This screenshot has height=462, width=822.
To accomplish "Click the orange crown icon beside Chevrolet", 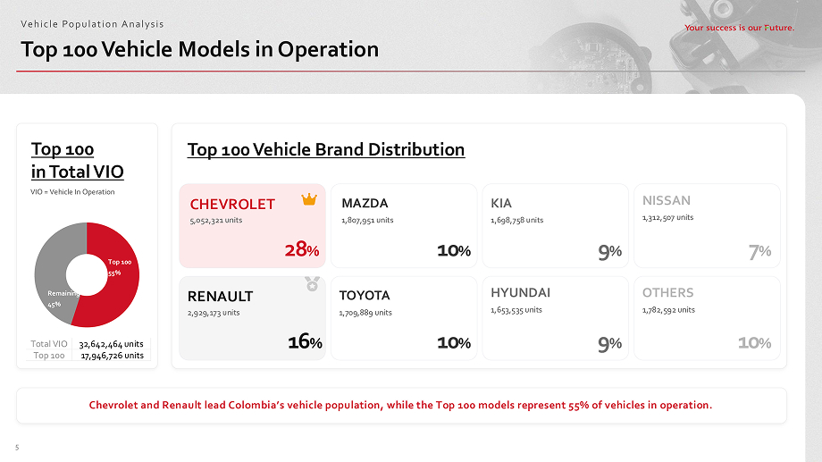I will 309,199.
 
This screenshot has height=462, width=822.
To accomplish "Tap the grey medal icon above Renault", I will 310,283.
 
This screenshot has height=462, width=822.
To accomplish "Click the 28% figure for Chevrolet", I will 301,250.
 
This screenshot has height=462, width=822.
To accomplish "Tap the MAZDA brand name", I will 365,203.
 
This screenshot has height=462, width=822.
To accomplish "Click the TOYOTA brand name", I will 365,295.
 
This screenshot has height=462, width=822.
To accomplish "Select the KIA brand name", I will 501,203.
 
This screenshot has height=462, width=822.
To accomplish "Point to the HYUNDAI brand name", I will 520,292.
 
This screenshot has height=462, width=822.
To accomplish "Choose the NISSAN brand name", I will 667,200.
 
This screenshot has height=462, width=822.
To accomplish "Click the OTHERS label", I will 667,292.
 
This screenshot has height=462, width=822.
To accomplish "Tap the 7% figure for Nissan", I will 760,253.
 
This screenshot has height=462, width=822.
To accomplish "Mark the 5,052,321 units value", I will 216,220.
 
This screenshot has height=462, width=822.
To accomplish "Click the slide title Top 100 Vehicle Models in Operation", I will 200,49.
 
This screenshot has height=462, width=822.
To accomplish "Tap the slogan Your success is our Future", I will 739,28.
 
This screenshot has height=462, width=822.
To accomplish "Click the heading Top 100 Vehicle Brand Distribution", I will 326,149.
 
